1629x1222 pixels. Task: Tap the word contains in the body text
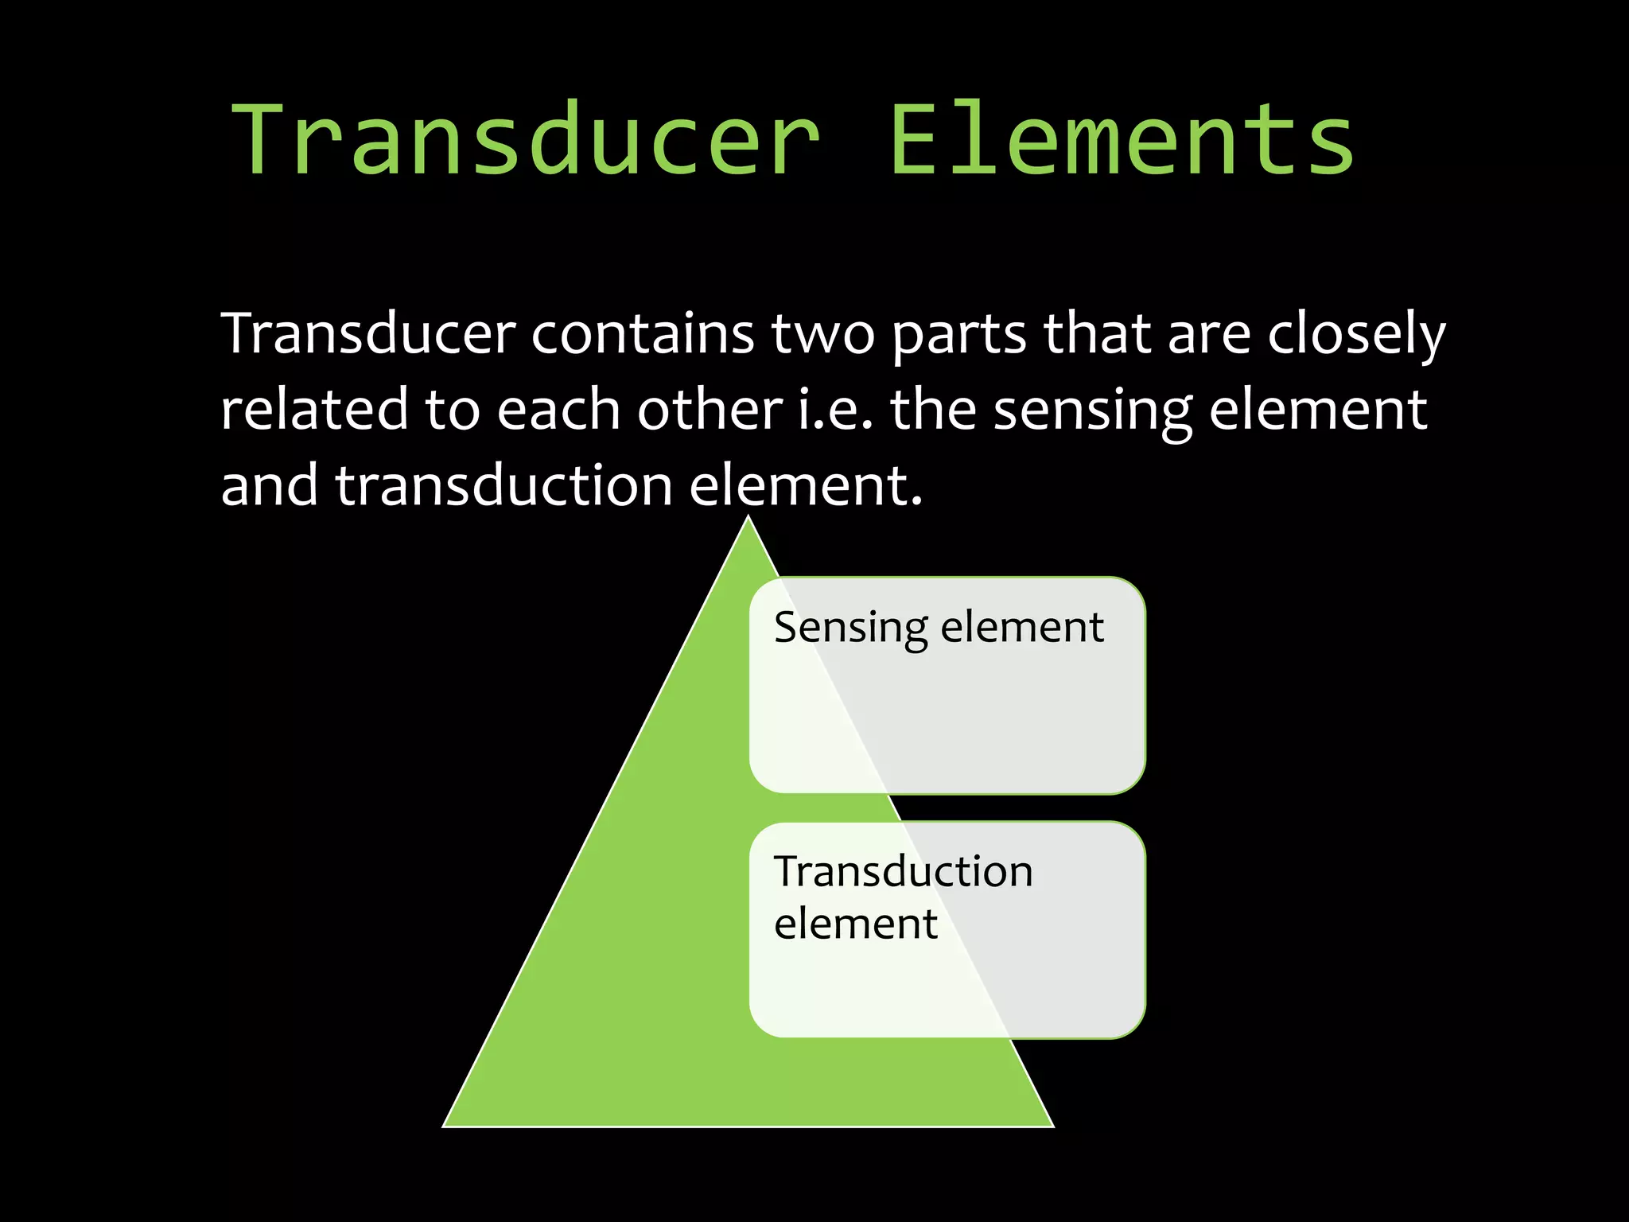pos(643,333)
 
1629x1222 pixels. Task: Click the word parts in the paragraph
pos(959,335)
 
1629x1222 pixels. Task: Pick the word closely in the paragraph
pos(1355,335)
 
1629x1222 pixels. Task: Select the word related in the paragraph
pos(314,410)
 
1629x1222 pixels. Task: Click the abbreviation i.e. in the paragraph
pos(835,410)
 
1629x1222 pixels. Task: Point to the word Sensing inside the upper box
pos(850,629)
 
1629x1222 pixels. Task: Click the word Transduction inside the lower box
pos(904,871)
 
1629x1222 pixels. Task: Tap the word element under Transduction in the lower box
pos(856,924)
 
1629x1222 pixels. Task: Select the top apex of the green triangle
pos(748,518)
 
